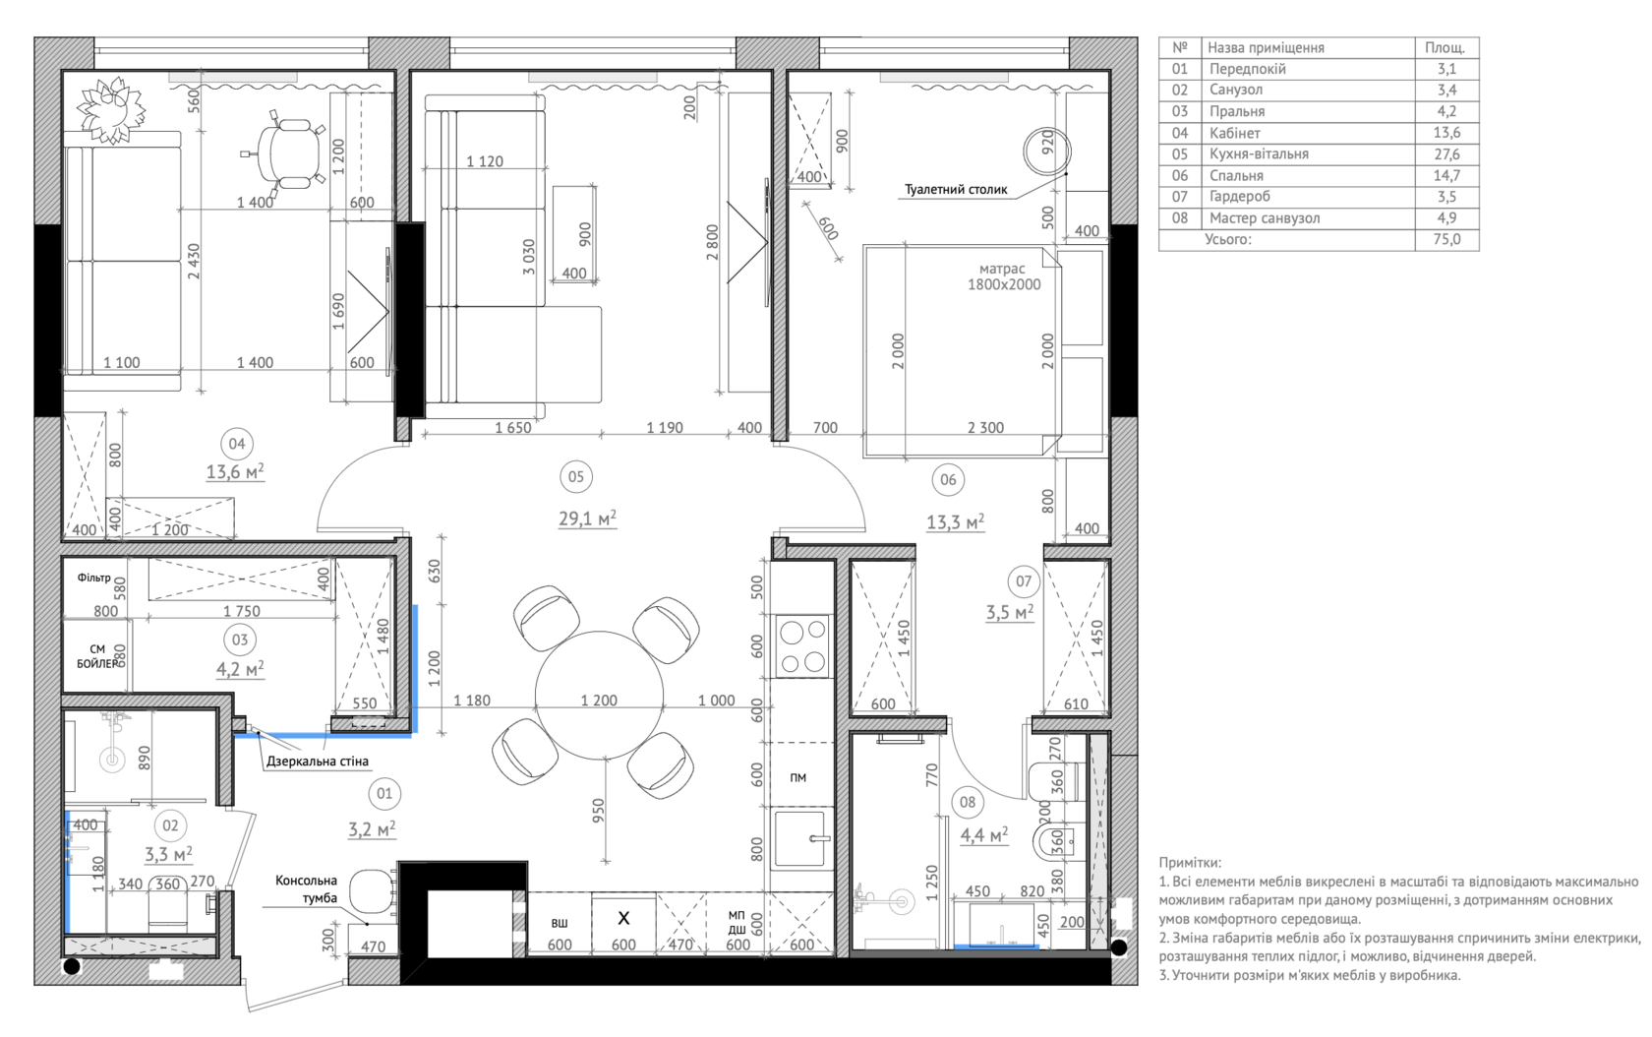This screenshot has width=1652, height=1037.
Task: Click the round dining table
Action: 599,695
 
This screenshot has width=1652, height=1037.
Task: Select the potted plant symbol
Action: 110,110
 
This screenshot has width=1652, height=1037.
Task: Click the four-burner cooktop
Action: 801,645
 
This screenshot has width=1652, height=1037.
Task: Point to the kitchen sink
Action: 802,838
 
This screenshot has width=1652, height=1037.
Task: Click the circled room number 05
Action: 576,477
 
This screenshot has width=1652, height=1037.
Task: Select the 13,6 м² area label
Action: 235,471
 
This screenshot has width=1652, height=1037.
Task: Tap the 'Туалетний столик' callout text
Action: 956,190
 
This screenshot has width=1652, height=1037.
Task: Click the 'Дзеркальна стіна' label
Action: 317,761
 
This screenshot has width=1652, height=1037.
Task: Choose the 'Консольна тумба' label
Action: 306,888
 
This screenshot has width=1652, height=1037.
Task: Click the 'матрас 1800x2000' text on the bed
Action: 1003,276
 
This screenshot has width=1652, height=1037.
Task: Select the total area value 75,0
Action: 1446,240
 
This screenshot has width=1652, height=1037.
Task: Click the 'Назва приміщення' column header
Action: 1266,48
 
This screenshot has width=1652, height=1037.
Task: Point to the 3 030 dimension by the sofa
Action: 529,257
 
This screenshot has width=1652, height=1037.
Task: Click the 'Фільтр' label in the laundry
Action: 93,578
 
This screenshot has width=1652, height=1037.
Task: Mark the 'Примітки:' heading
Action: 1190,862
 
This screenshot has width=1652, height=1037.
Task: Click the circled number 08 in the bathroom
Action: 968,802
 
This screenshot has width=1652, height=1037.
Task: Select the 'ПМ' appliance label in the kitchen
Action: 798,778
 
